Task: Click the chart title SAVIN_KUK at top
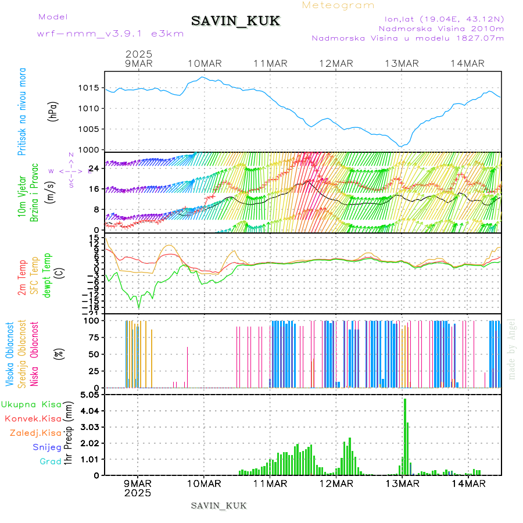click(x=235, y=22)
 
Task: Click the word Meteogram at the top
click(x=338, y=5)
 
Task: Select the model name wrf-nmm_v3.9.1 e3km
click(x=110, y=34)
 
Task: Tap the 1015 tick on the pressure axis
click(x=89, y=88)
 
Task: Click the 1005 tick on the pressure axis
click(x=89, y=129)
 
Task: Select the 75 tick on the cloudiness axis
click(x=93, y=337)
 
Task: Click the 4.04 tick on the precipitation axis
click(x=90, y=411)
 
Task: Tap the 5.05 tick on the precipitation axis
click(x=90, y=395)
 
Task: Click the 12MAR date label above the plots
click(x=336, y=63)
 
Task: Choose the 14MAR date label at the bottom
click(x=468, y=483)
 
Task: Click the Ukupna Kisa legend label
click(x=31, y=404)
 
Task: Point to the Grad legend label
click(x=50, y=461)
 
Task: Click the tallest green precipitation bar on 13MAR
click(x=405, y=436)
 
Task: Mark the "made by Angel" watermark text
click(x=512, y=349)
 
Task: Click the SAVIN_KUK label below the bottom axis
click(x=219, y=506)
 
